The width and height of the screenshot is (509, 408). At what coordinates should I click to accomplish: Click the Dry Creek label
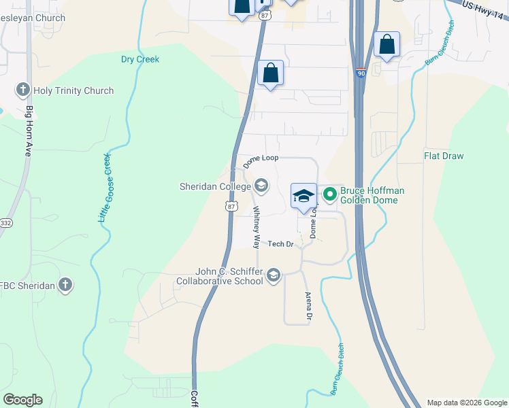coord(140,59)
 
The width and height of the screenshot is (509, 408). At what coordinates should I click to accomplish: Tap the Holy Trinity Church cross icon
coord(23,90)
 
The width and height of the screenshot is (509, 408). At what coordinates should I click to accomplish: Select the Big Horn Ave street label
coord(29,131)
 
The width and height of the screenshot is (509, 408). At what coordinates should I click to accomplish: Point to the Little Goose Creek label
coord(105,187)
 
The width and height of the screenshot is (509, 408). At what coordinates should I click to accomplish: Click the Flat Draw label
coord(444,156)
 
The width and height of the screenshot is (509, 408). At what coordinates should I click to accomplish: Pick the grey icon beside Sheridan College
coord(261,186)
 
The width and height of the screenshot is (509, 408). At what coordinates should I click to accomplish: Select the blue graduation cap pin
coord(303,197)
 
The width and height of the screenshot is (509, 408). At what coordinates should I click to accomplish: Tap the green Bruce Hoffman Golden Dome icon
coord(330,196)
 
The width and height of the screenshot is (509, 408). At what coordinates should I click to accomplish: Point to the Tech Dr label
coord(280,243)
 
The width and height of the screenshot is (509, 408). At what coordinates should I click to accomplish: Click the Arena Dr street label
coord(308,307)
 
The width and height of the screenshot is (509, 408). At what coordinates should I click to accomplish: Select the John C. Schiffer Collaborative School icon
coord(273,275)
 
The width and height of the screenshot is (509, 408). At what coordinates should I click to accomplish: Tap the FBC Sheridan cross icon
coord(65,285)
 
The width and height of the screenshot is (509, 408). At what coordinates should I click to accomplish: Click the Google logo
coord(22,400)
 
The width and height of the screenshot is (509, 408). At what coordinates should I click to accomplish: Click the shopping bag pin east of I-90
coord(387,45)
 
